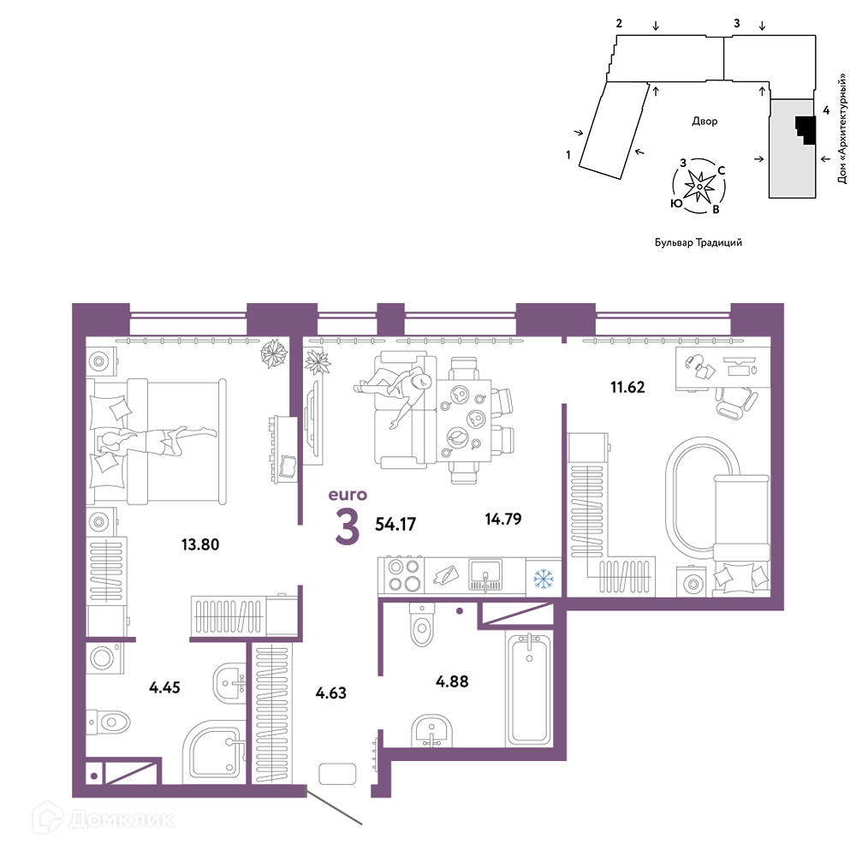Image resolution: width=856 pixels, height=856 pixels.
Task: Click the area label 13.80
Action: [x=200, y=544]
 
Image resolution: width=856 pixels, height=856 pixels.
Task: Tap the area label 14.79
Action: [x=503, y=519]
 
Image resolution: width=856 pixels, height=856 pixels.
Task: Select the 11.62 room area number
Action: [x=627, y=387]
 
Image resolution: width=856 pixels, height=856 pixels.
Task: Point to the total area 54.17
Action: [x=395, y=524]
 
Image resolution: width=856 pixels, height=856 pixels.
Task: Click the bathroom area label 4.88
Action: [x=452, y=681]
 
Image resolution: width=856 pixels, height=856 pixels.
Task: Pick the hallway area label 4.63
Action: [x=330, y=693]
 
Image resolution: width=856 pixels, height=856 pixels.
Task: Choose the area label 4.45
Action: [x=164, y=687]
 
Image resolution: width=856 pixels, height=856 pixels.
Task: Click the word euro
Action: [x=348, y=495]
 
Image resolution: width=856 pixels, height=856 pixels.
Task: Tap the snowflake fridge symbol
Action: [x=544, y=579]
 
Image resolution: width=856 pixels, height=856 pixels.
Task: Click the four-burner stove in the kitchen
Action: [x=404, y=576]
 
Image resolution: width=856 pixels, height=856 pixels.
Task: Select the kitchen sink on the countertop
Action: [x=485, y=576]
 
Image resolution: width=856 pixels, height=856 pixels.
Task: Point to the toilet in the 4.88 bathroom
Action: [x=421, y=624]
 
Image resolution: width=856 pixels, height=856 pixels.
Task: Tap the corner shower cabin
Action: [x=214, y=752]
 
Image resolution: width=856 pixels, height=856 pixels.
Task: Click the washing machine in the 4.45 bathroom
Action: [x=104, y=657]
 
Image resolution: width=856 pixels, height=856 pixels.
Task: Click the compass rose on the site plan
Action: [x=699, y=186]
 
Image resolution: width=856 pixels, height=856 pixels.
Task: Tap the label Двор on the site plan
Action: [x=704, y=122]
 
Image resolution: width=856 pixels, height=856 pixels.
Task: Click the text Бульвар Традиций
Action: [x=698, y=242]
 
